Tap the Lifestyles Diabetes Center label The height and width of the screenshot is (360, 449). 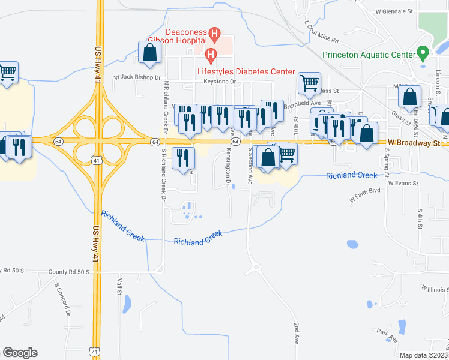pyautogui.click(x=247, y=71)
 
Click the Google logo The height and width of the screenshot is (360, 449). pyautogui.click(x=20, y=353)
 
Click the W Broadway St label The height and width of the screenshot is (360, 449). pyautogui.click(x=414, y=142)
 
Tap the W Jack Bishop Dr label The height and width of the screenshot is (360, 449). pyautogui.click(x=137, y=77)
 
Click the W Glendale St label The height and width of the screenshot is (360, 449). pyautogui.click(x=394, y=11)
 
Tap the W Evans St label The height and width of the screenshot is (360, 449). pyautogui.click(x=402, y=182)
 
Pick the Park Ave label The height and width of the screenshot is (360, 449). pyautogui.click(x=388, y=335)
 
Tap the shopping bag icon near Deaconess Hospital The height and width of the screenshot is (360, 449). pyautogui.click(x=149, y=52)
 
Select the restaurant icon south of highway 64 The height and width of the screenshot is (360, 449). pyautogui.click(x=184, y=158)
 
